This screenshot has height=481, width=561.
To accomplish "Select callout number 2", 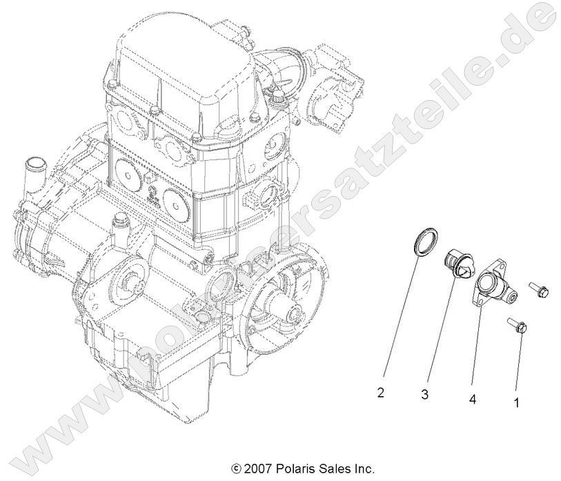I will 380,393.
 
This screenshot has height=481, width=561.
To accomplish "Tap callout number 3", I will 425,395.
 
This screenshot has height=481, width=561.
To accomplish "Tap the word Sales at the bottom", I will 335,469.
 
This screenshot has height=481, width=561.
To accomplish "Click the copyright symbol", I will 236,469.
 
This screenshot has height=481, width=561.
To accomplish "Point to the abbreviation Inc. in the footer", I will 364,469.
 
